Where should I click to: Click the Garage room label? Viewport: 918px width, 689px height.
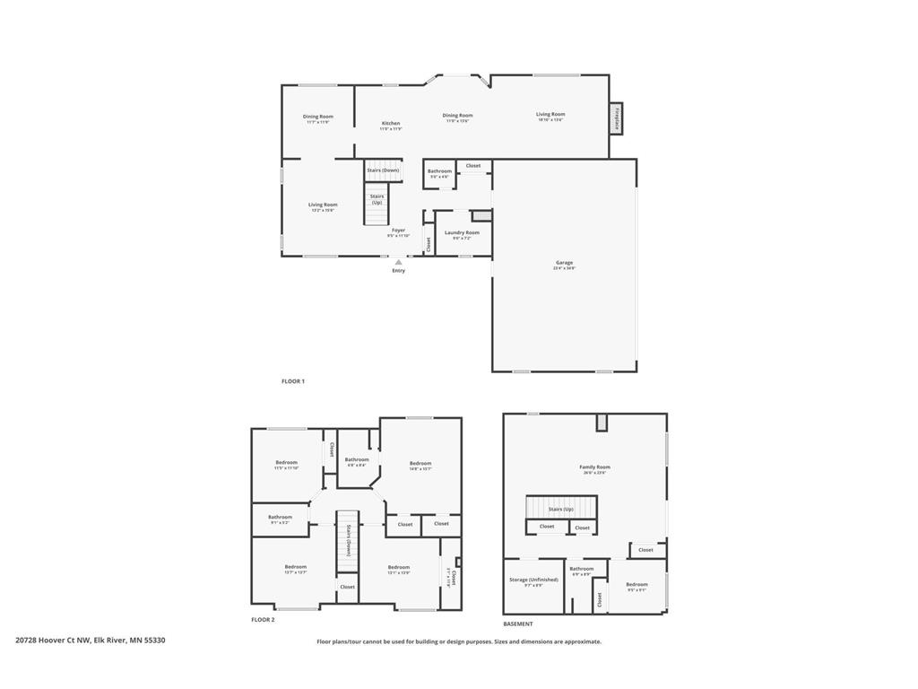tap(564, 263)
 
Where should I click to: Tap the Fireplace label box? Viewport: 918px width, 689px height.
tap(617, 118)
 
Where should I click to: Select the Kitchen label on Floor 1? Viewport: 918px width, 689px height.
tap(391, 123)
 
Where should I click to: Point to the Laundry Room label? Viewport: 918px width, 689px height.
tap(462, 232)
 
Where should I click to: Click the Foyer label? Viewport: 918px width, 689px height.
tap(398, 230)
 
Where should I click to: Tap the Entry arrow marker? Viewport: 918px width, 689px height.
tap(398, 262)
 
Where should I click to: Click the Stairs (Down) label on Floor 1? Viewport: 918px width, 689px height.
tap(383, 170)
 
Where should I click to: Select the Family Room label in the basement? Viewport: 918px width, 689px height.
tap(594, 467)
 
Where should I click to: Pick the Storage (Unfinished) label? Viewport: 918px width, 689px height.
tap(533, 580)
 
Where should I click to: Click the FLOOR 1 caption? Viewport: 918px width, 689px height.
tap(293, 381)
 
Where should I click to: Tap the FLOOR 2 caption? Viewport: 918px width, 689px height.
tap(263, 620)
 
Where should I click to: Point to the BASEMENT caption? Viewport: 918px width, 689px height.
tap(517, 624)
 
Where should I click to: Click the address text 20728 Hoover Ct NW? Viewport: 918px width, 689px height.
tap(53, 641)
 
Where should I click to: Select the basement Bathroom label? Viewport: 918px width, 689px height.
tap(582, 569)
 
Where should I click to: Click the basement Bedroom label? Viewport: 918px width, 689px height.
tap(637, 584)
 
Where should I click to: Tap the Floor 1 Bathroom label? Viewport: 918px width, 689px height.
tap(439, 171)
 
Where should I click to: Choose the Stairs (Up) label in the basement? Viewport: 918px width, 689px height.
tap(561, 509)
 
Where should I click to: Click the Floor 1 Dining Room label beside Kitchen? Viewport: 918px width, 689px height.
tap(457, 115)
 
